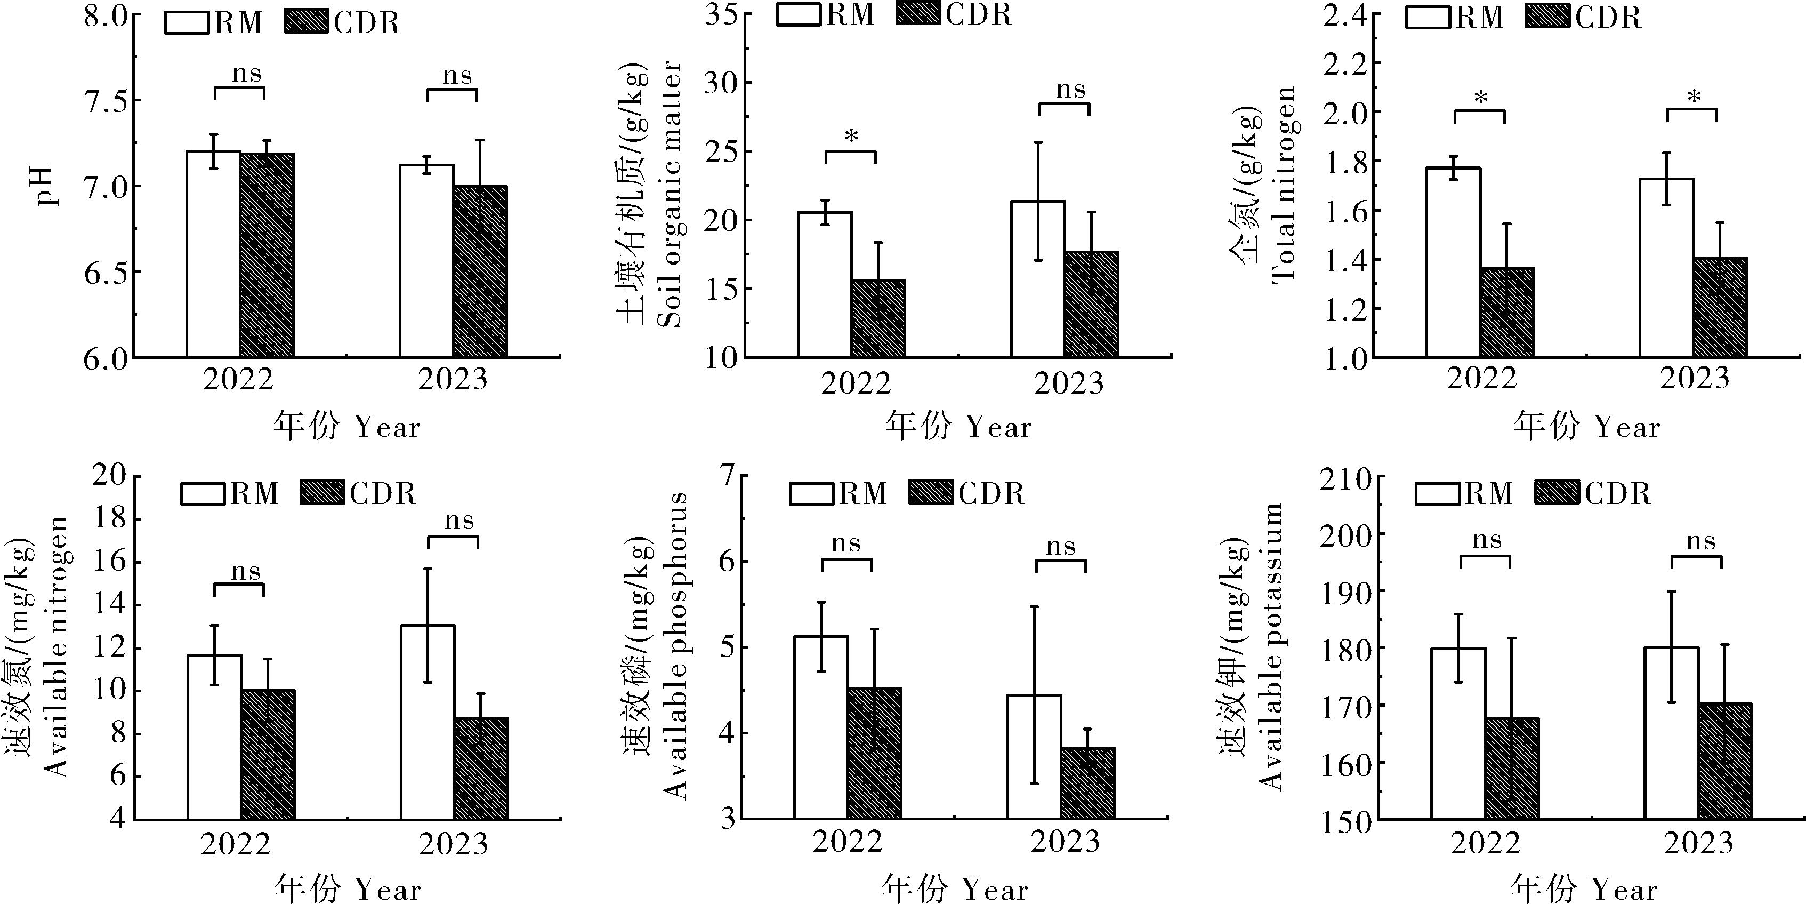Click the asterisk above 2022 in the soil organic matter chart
851,136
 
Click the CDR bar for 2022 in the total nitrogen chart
1506,313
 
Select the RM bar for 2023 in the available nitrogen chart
428,722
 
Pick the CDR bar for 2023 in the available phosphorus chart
1087,783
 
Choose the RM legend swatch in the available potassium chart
1438,493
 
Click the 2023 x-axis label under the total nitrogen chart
1695,379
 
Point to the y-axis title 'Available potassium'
1270,645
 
